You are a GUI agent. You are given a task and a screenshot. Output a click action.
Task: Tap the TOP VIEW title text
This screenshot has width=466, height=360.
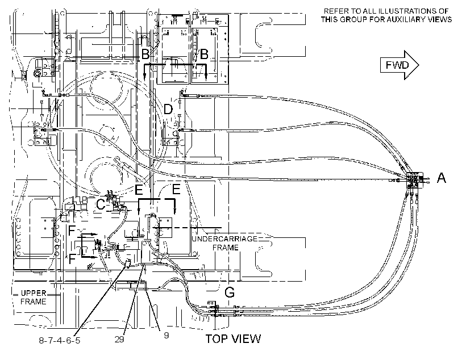234,338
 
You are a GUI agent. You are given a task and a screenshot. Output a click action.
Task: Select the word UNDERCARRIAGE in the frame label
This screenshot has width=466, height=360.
224,239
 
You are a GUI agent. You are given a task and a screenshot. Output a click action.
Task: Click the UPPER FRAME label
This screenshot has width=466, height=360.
34,298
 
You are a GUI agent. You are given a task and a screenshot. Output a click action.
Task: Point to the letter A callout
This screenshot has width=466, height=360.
442,178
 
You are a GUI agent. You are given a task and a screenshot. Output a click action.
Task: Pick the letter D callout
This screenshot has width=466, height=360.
168,109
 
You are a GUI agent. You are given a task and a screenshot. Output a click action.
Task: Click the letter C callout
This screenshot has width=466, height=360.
101,204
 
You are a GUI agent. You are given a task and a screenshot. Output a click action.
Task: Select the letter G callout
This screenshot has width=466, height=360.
230,292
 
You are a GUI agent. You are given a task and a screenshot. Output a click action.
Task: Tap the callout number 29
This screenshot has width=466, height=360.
119,339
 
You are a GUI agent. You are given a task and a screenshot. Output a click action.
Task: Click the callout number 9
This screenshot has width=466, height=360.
167,335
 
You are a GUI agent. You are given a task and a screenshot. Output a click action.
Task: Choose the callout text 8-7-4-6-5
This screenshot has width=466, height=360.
60,340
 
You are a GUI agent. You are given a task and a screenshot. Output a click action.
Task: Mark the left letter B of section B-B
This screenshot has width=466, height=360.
145,55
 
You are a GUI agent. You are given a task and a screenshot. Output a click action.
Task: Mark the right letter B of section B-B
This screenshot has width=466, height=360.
204,55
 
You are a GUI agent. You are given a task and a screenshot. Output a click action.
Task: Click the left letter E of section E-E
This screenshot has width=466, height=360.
139,189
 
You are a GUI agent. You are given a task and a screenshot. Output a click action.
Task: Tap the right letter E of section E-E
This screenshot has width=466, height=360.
176,189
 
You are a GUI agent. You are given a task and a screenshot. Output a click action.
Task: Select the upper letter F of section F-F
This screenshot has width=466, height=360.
72,231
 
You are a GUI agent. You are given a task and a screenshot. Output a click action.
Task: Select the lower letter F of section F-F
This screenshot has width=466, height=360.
72,259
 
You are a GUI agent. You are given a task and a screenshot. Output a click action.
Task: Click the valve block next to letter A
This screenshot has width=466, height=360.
415,179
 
